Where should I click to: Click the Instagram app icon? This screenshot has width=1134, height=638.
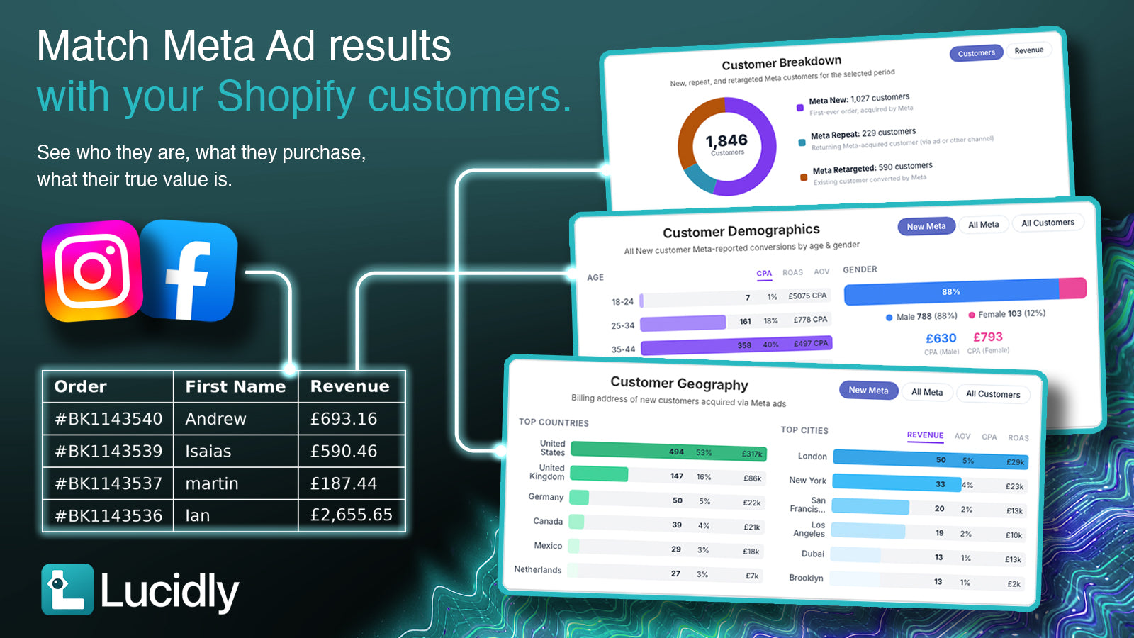tap(91, 270)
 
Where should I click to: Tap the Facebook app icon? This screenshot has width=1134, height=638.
tap(189, 270)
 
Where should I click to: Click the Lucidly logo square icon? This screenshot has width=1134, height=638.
tap(67, 589)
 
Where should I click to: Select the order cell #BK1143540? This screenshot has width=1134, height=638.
tap(108, 419)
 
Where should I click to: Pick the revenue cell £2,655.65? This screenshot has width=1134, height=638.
tap(352, 515)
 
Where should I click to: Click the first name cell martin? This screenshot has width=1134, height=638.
tap(212, 483)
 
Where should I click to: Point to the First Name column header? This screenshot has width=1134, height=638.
tap(235, 386)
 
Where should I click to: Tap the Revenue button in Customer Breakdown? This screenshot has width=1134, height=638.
tap(1029, 50)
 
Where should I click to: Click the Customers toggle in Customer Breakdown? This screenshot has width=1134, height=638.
tap(976, 53)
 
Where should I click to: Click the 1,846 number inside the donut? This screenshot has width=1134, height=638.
tap(726, 140)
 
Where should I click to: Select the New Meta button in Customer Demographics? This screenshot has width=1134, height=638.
tap(926, 226)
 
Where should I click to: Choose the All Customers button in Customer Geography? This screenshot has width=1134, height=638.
tap(993, 394)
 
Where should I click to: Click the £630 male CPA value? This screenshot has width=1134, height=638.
tap(941, 338)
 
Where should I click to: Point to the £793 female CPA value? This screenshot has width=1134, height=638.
tap(988, 337)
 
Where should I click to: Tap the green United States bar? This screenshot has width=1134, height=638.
tap(668, 451)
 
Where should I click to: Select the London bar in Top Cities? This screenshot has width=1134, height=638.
tap(931, 460)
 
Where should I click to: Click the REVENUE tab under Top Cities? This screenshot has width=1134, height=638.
tap(925, 435)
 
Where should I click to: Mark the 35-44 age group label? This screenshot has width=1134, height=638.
tap(623, 349)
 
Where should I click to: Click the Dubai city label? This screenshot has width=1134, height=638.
tap(812, 554)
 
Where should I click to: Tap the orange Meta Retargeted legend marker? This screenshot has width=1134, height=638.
tap(804, 177)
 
